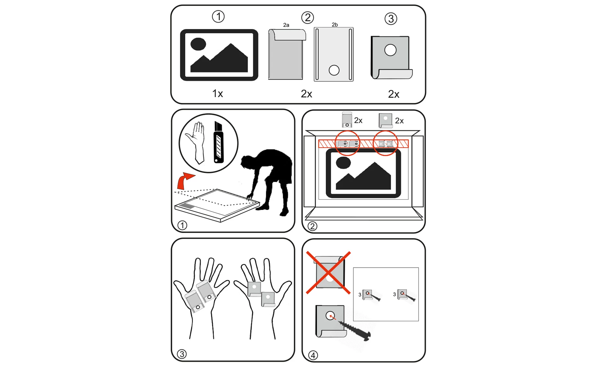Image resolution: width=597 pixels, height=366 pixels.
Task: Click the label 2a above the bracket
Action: pos(286,25)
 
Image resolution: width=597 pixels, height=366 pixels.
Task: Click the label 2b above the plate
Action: pos(335,25)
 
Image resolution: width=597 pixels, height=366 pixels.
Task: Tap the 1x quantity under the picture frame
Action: pos(218,93)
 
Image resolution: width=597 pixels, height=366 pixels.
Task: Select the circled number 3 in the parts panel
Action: pos(391,18)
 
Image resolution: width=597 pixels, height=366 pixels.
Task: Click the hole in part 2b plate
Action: pos(334,70)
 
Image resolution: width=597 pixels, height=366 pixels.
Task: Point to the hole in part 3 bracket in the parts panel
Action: pos(390,50)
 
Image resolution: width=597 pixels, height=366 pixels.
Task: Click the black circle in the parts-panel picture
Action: pos(198,44)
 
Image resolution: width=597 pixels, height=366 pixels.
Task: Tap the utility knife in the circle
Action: pos(219,142)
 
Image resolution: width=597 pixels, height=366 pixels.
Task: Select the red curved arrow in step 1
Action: pos(185,180)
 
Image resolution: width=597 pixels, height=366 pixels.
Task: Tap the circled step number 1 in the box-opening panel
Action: pos(182,225)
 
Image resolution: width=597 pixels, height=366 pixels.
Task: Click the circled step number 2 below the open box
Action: pos(312,226)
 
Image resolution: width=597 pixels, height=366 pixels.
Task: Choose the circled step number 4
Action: pos(313,355)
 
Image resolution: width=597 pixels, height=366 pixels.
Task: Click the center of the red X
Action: pos(328,273)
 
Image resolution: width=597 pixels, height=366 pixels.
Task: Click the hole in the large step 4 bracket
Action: pos(330,316)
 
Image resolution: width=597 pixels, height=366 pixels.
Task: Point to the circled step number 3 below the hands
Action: pos(182,354)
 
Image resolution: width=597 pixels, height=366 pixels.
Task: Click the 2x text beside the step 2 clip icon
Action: pos(358,120)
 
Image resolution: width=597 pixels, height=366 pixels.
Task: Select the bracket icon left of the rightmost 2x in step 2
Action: pos(385,120)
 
